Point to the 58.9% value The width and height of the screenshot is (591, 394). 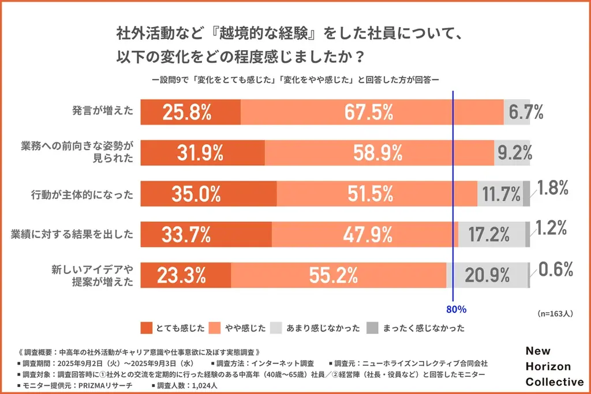[378, 153]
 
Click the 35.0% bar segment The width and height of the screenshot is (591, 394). [208, 194]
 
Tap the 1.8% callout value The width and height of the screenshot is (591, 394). [553, 187]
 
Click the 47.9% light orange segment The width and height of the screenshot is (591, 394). [370, 235]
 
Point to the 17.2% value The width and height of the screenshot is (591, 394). [490, 235]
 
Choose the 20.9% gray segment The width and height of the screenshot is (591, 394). [487, 275]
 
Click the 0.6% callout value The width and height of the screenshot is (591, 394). [556, 269]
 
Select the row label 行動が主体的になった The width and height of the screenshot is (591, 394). [83, 194]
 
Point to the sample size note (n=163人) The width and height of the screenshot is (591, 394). [555, 314]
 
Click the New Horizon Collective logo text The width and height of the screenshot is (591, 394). [554, 367]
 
